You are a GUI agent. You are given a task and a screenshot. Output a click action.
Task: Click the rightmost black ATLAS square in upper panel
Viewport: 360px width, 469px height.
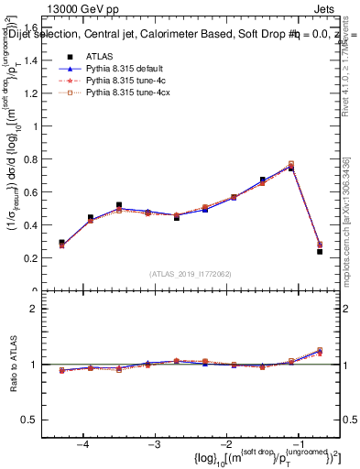click(320, 251)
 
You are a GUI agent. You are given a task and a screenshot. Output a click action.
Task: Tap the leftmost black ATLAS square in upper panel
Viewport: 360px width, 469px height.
click(61, 243)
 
